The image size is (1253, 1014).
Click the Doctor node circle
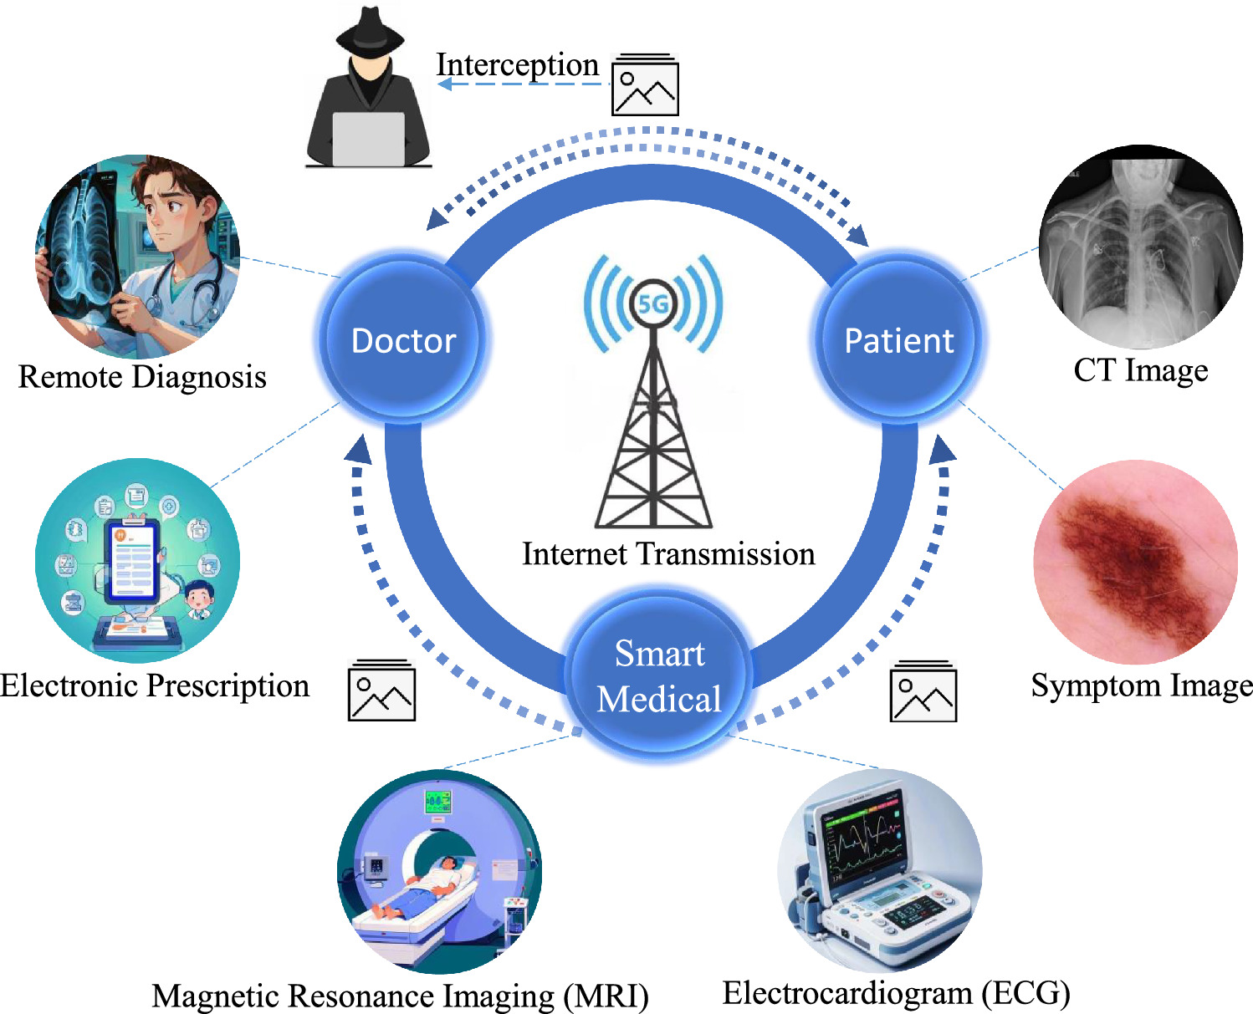point(403,339)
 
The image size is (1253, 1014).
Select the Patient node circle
point(898,339)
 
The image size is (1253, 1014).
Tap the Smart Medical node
point(659,676)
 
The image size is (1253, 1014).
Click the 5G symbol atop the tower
point(653,304)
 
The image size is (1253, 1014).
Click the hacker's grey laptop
point(369,140)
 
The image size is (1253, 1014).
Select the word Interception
point(517,64)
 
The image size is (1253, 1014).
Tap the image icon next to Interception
point(646,84)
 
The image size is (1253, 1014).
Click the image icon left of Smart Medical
point(381,690)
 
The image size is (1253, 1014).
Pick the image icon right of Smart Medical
point(923,690)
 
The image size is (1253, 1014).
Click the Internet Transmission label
point(669,553)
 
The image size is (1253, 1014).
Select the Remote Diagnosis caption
point(142,377)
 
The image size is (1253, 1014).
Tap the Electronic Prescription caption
point(155,686)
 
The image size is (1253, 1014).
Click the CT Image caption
point(1141,371)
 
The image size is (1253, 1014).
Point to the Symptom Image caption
point(1142,686)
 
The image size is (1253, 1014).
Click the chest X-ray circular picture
point(1141,247)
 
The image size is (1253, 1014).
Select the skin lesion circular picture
point(1136,562)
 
